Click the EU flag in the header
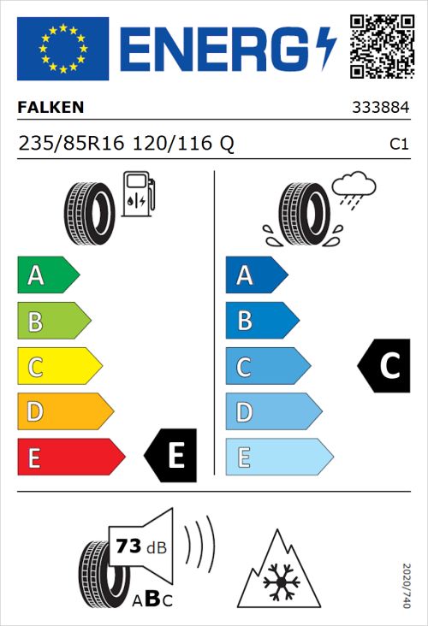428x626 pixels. pyautogui.click(x=62, y=49)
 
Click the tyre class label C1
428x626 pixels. pyautogui.click(x=398, y=145)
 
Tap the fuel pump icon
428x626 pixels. pyautogui.click(x=138, y=194)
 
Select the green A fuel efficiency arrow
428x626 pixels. pyautogui.click(x=48, y=275)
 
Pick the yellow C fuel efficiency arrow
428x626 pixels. pyautogui.click(x=59, y=366)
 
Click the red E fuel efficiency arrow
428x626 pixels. pyautogui.click(x=70, y=457)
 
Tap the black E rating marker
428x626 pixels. pyautogui.click(x=172, y=455)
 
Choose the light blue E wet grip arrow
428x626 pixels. pyautogui.click(x=278, y=457)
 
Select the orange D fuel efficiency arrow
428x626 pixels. pyautogui.click(x=65, y=411)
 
